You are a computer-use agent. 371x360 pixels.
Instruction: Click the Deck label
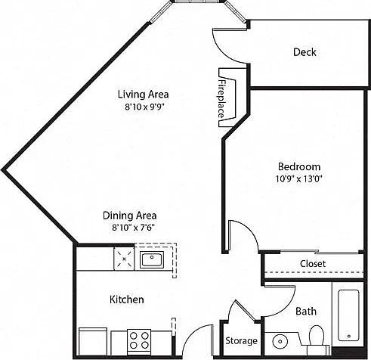click(305, 52)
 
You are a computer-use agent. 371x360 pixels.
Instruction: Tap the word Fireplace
click(221, 99)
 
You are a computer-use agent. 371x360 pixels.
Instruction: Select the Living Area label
click(143, 95)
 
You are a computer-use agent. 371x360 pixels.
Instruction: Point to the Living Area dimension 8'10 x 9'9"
click(144, 107)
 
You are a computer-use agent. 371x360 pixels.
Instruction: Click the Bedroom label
click(299, 166)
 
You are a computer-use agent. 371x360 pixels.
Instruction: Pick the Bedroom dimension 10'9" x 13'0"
click(299, 178)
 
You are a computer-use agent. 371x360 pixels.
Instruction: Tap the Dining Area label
click(130, 216)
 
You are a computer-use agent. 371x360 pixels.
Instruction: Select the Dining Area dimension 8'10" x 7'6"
click(133, 228)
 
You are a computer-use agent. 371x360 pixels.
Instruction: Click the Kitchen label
click(127, 299)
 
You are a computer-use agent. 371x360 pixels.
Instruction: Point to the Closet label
click(313, 264)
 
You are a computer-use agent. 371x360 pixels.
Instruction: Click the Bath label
click(306, 312)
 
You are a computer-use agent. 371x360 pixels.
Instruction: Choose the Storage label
click(241, 341)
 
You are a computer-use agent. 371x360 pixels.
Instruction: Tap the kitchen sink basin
click(152, 259)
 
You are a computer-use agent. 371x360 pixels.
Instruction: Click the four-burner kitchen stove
click(139, 341)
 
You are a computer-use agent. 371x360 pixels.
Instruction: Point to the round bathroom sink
click(280, 342)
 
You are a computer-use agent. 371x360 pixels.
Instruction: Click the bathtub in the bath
click(348, 315)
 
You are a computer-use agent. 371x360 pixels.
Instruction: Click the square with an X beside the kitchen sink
click(124, 259)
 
